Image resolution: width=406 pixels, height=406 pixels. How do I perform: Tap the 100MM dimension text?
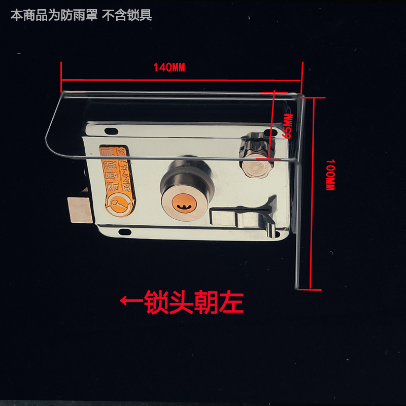(330, 175)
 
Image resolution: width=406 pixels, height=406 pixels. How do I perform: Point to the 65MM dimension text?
(287, 126)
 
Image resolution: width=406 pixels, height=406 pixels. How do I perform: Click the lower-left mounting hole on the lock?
(124, 231)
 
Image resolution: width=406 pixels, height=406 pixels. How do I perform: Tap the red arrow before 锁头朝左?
(131, 301)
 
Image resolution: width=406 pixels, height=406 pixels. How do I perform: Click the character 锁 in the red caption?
(157, 302)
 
